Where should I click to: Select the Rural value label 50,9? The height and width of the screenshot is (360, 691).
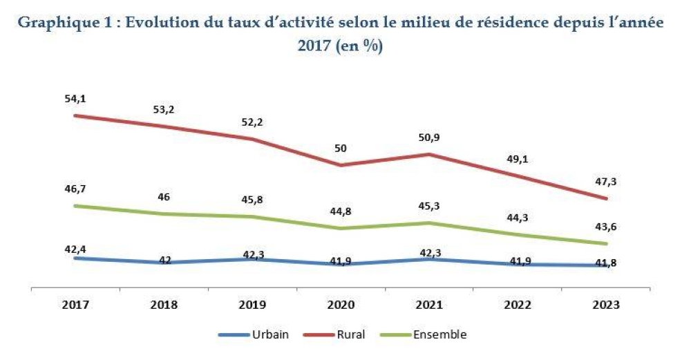(430, 137)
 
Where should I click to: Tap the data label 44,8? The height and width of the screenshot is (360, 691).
(340, 211)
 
